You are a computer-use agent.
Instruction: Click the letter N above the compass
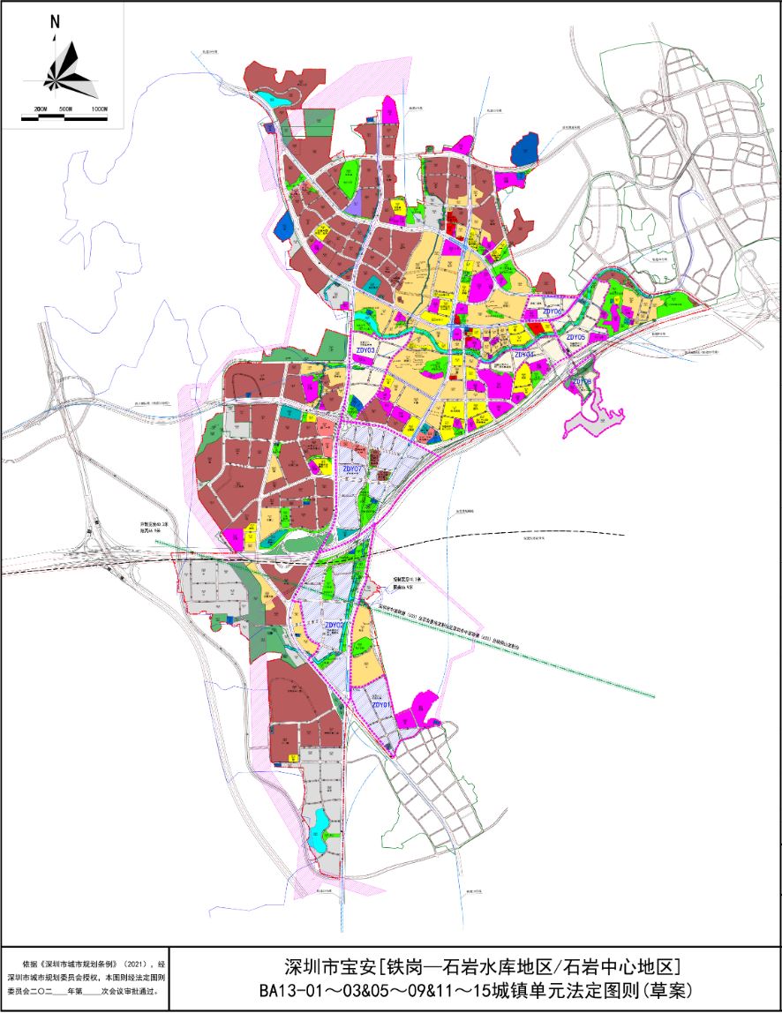click(55, 22)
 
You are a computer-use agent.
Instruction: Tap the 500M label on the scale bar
click(64, 109)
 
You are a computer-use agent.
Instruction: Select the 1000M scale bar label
click(98, 109)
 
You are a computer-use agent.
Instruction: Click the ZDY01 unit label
click(381, 705)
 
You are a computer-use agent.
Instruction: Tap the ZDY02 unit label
click(335, 626)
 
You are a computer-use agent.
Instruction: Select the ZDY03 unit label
click(365, 350)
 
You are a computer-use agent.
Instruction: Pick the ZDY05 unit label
click(577, 337)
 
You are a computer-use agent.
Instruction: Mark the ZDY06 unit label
click(553, 311)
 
